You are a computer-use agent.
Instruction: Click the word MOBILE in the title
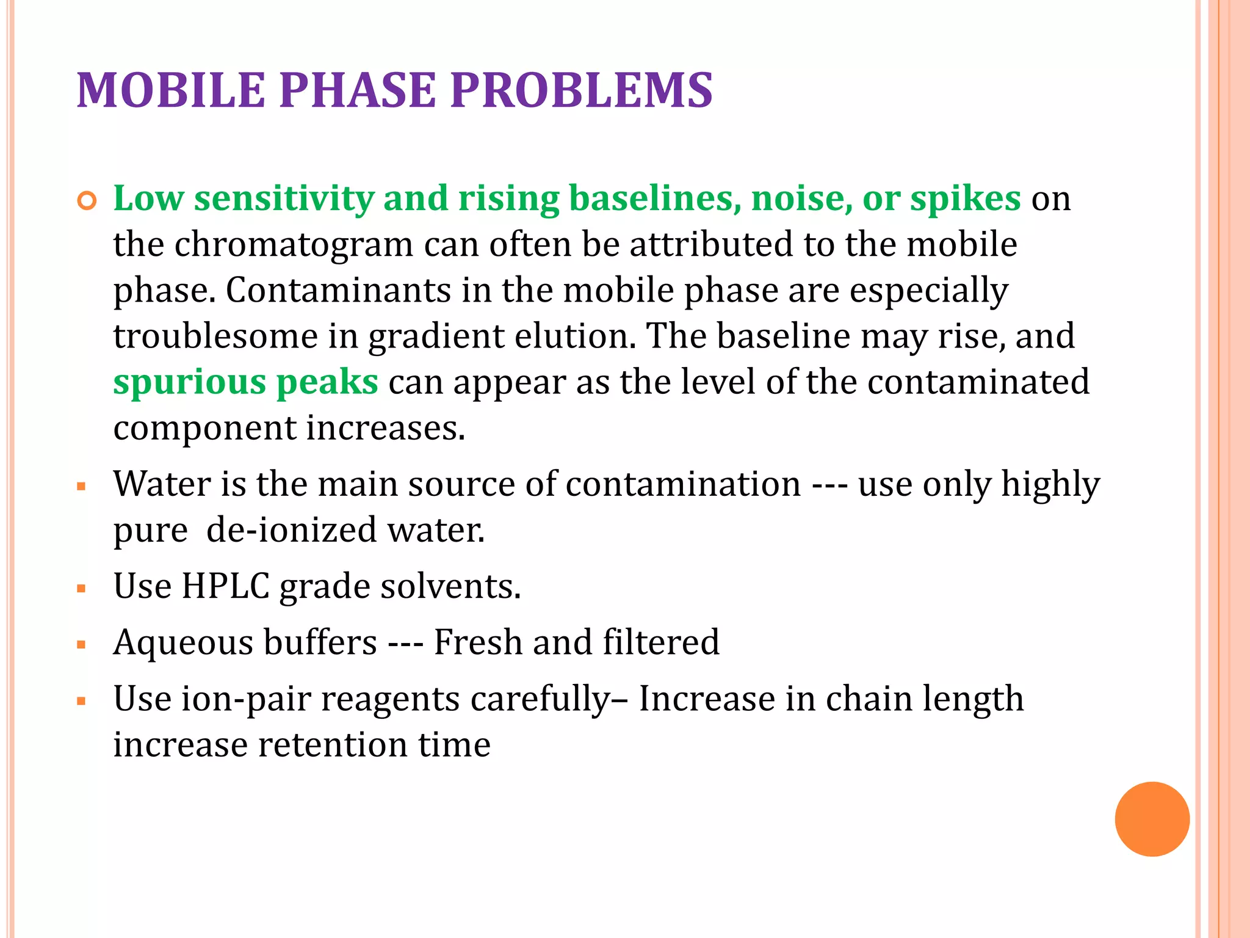coord(171,90)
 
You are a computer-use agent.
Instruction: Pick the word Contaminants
coord(338,290)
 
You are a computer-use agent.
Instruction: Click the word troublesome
coord(215,336)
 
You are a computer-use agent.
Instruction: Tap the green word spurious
coord(189,383)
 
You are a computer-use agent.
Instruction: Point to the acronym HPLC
coord(226,586)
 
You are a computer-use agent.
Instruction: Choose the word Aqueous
coord(183,643)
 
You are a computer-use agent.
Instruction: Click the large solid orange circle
coord(1152,819)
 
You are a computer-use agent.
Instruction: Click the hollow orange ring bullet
coord(87,201)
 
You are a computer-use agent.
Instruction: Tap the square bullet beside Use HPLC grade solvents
coord(81,589)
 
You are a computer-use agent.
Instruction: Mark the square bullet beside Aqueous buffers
coord(81,645)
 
